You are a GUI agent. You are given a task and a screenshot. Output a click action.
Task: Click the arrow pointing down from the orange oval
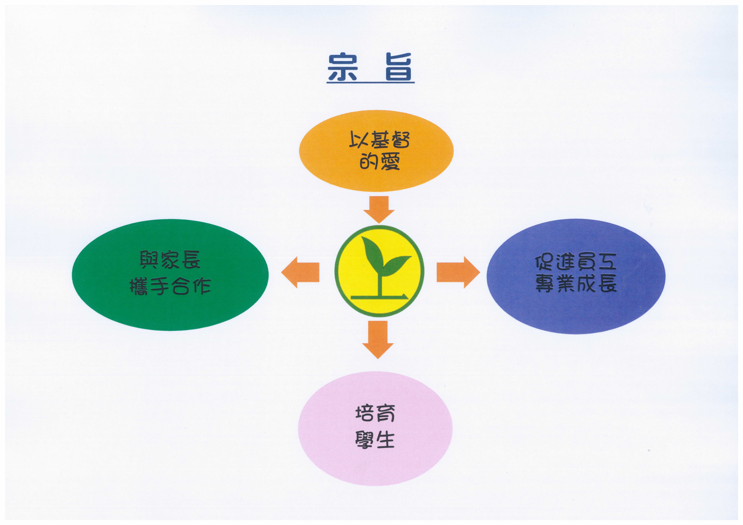[379, 210]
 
